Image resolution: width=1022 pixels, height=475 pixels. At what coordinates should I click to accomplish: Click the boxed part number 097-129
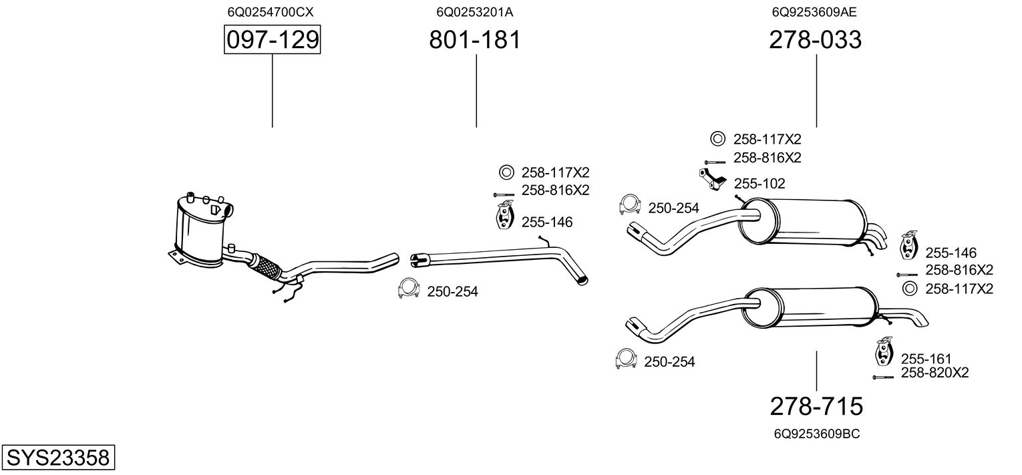point(272,41)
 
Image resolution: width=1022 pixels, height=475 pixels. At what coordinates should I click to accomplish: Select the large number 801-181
point(474,41)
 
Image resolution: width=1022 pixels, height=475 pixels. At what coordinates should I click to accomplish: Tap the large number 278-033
point(815,41)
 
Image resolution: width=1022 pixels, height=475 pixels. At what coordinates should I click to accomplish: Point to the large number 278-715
point(816,406)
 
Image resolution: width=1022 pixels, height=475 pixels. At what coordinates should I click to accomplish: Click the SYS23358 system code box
point(57,458)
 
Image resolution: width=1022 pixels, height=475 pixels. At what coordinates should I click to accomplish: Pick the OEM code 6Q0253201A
point(474,11)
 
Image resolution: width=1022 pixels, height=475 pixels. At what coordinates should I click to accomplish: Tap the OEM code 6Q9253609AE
point(814,11)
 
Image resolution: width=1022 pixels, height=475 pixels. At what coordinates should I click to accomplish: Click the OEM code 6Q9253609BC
point(816,434)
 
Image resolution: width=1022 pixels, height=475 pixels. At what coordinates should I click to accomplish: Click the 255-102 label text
point(759,183)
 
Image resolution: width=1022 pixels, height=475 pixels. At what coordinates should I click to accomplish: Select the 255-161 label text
point(926,359)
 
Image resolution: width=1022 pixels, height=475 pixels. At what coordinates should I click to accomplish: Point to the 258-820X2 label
point(934,372)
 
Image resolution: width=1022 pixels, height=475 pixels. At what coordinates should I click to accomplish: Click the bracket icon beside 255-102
point(713,180)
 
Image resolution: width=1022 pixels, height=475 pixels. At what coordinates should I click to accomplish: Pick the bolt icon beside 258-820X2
point(882,377)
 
